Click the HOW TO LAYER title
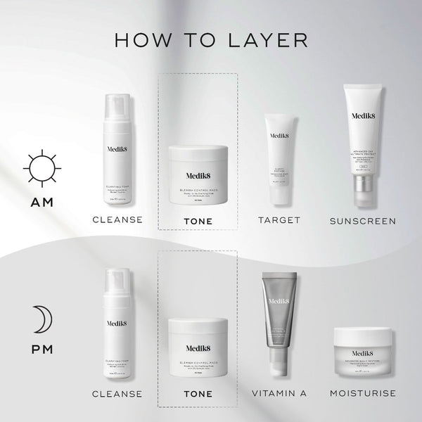pos(211,39)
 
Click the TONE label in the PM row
pos(198,393)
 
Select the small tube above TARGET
pos(280,151)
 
